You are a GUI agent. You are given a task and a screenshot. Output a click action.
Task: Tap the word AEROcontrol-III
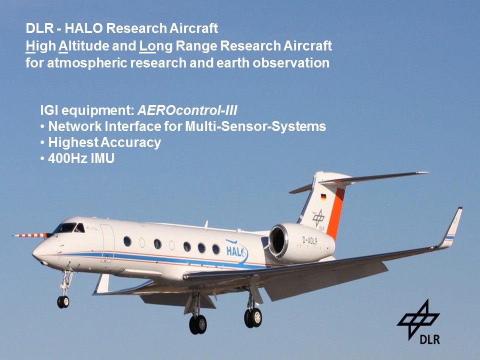pyautogui.click(x=187, y=110)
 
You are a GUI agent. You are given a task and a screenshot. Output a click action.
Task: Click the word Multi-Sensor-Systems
pyautogui.click(x=255, y=126)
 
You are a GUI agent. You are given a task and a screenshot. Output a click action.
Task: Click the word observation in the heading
pyautogui.click(x=291, y=63)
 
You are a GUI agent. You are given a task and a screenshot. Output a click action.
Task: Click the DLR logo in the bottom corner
pyautogui.click(x=419, y=322)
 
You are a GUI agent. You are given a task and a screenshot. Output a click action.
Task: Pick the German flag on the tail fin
pyautogui.click(x=323, y=197)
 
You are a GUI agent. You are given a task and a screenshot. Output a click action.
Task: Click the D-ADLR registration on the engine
pyautogui.click(x=310, y=240)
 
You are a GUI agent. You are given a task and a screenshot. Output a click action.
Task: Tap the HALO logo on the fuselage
pyautogui.click(x=236, y=250)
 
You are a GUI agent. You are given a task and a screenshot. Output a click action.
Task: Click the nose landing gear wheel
pyautogui.click(x=63, y=302)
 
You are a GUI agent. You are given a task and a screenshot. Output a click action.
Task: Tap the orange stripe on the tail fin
pyautogui.click(x=336, y=213)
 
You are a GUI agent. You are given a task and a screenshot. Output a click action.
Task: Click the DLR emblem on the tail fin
pyautogui.click(x=319, y=219)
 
